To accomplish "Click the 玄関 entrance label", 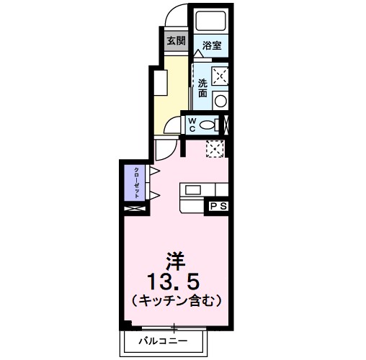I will (177, 40).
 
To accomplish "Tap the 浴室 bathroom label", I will (212, 46).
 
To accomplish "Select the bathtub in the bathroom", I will (212, 22).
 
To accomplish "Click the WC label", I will (192, 125).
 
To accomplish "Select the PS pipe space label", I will (219, 206).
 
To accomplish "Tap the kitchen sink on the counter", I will (194, 190).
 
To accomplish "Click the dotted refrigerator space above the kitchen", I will (215, 149).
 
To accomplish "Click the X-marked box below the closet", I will (134, 209).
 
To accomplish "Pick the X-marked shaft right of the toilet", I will (228, 124).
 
